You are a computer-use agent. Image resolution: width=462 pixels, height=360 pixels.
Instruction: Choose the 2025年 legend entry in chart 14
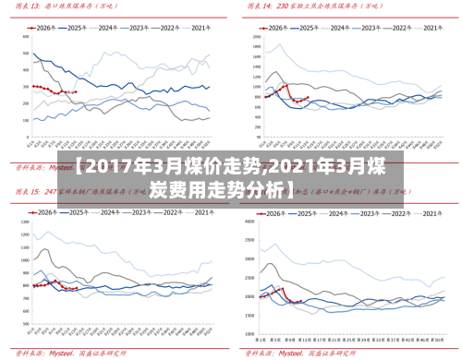pyautogui.click(x=312, y=29)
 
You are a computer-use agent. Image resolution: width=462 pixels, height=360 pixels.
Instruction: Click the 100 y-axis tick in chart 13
pyautogui.click(x=23, y=118)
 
